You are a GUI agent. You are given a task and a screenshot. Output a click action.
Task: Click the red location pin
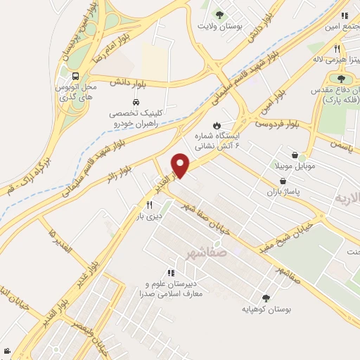(181, 165)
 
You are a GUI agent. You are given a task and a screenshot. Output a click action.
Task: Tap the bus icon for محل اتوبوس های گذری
(74, 75)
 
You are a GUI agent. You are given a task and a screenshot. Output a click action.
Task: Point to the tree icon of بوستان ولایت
(219, 14)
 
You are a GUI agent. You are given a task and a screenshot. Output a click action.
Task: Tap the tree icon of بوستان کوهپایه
(265, 297)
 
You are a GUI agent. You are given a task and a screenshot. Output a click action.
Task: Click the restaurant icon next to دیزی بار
(149, 205)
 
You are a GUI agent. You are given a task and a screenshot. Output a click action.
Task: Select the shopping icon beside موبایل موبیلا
(294, 155)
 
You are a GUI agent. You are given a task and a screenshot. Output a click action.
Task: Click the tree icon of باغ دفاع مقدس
(341, 79)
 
